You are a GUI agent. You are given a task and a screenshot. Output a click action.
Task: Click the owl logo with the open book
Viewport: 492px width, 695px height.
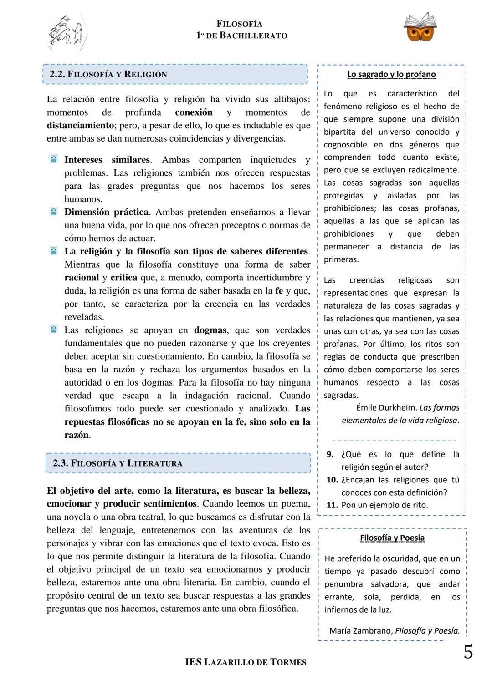[420, 28]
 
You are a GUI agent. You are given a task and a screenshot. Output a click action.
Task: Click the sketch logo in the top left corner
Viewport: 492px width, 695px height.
[67, 31]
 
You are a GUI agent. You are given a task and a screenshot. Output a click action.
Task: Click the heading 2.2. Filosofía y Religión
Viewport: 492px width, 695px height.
[108, 75]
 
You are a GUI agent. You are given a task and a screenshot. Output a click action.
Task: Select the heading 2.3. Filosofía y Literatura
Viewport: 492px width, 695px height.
[118, 463]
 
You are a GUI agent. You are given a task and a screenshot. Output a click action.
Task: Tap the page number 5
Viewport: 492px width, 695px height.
[468, 652]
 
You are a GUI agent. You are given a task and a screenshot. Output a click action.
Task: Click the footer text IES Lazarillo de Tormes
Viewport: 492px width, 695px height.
[246, 662]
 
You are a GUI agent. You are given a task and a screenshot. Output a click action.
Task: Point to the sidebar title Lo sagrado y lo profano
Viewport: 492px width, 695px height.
[391, 74]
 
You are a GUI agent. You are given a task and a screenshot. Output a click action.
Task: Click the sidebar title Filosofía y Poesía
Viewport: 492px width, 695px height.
[392, 538]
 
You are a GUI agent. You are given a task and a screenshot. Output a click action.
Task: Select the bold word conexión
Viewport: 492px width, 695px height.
[194, 112]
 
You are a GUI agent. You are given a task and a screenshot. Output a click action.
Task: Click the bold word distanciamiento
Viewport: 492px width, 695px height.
[80, 126]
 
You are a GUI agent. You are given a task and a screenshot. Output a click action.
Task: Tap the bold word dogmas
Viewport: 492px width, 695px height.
[210, 330]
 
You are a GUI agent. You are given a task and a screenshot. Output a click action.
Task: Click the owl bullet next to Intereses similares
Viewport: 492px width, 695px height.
[54, 159]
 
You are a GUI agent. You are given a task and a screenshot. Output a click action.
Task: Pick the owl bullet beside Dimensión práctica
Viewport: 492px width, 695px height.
[54, 212]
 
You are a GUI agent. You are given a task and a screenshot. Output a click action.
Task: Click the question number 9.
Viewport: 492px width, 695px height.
[330, 454]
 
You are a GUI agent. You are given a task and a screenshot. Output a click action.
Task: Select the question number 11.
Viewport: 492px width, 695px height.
[332, 505]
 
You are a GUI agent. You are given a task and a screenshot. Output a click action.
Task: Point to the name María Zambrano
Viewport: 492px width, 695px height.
[360, 631]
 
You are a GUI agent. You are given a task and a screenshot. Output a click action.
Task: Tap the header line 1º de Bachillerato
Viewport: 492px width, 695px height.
[241, 36]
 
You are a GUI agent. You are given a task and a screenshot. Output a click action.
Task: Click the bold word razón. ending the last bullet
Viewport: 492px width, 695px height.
[77, 435]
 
